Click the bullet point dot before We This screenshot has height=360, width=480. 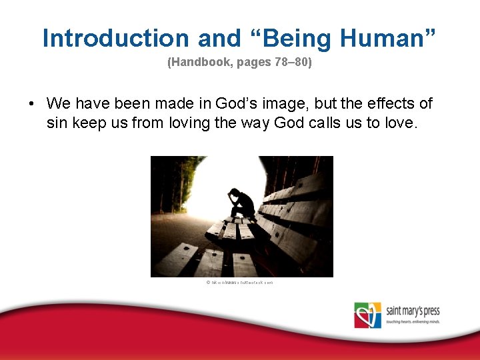[31, 104]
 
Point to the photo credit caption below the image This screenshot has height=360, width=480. [240, 283]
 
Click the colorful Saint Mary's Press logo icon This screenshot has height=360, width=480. [368, 315]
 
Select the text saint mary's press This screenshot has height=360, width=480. [413, 311]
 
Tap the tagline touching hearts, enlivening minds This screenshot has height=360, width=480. [413, 322]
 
